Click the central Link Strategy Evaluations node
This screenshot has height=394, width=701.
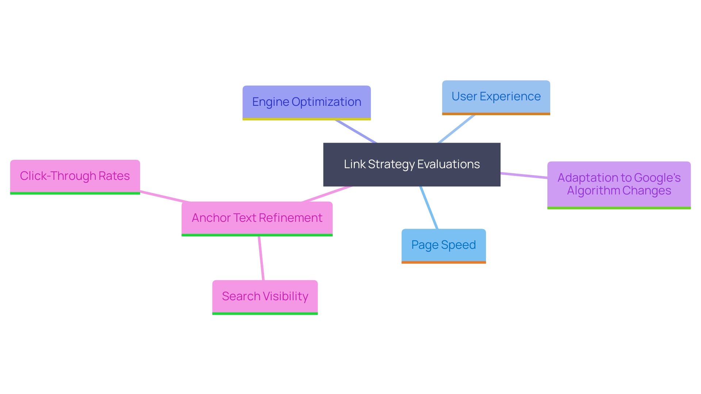pyautogui.click(x=411, y=165)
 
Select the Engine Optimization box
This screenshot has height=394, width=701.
pyautogui.click(x=306, y=102)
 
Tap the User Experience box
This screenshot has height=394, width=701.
pyautogui.click(x=496, y=97)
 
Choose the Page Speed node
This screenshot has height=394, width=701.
pyautogui.click(x=443, y=245)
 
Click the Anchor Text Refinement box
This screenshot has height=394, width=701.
pyautogui.click(x=257, y=218)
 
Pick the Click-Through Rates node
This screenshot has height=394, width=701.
pyautogui.click(x=75, y=176)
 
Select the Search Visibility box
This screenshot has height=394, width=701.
pyautogui.click(x=265, y=296)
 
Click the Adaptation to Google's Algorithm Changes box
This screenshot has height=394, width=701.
pyautogui.click(x=618, y=184)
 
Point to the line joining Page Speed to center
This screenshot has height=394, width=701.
pyautogui.click(x=429, y=208)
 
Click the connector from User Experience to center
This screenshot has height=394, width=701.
pyautogui.click(x=456, y=129)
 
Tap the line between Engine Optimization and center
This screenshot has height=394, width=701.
pyautogui.click(x=356, y=131)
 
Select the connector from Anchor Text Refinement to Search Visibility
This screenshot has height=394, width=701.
pyautogui.click(x=261, y=258)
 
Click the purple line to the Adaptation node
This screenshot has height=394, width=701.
pyautogui.click(x=524, y=175)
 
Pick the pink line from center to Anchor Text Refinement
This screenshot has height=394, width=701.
pyautogui.click(x=327, y=194)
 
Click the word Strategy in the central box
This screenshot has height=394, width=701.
pyautogui.click(x=391, y=165)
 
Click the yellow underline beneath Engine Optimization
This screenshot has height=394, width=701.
pyautogui.click(x=306, y=119)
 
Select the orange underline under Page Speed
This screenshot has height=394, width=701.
pyautogui.click(x=443, y=262)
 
